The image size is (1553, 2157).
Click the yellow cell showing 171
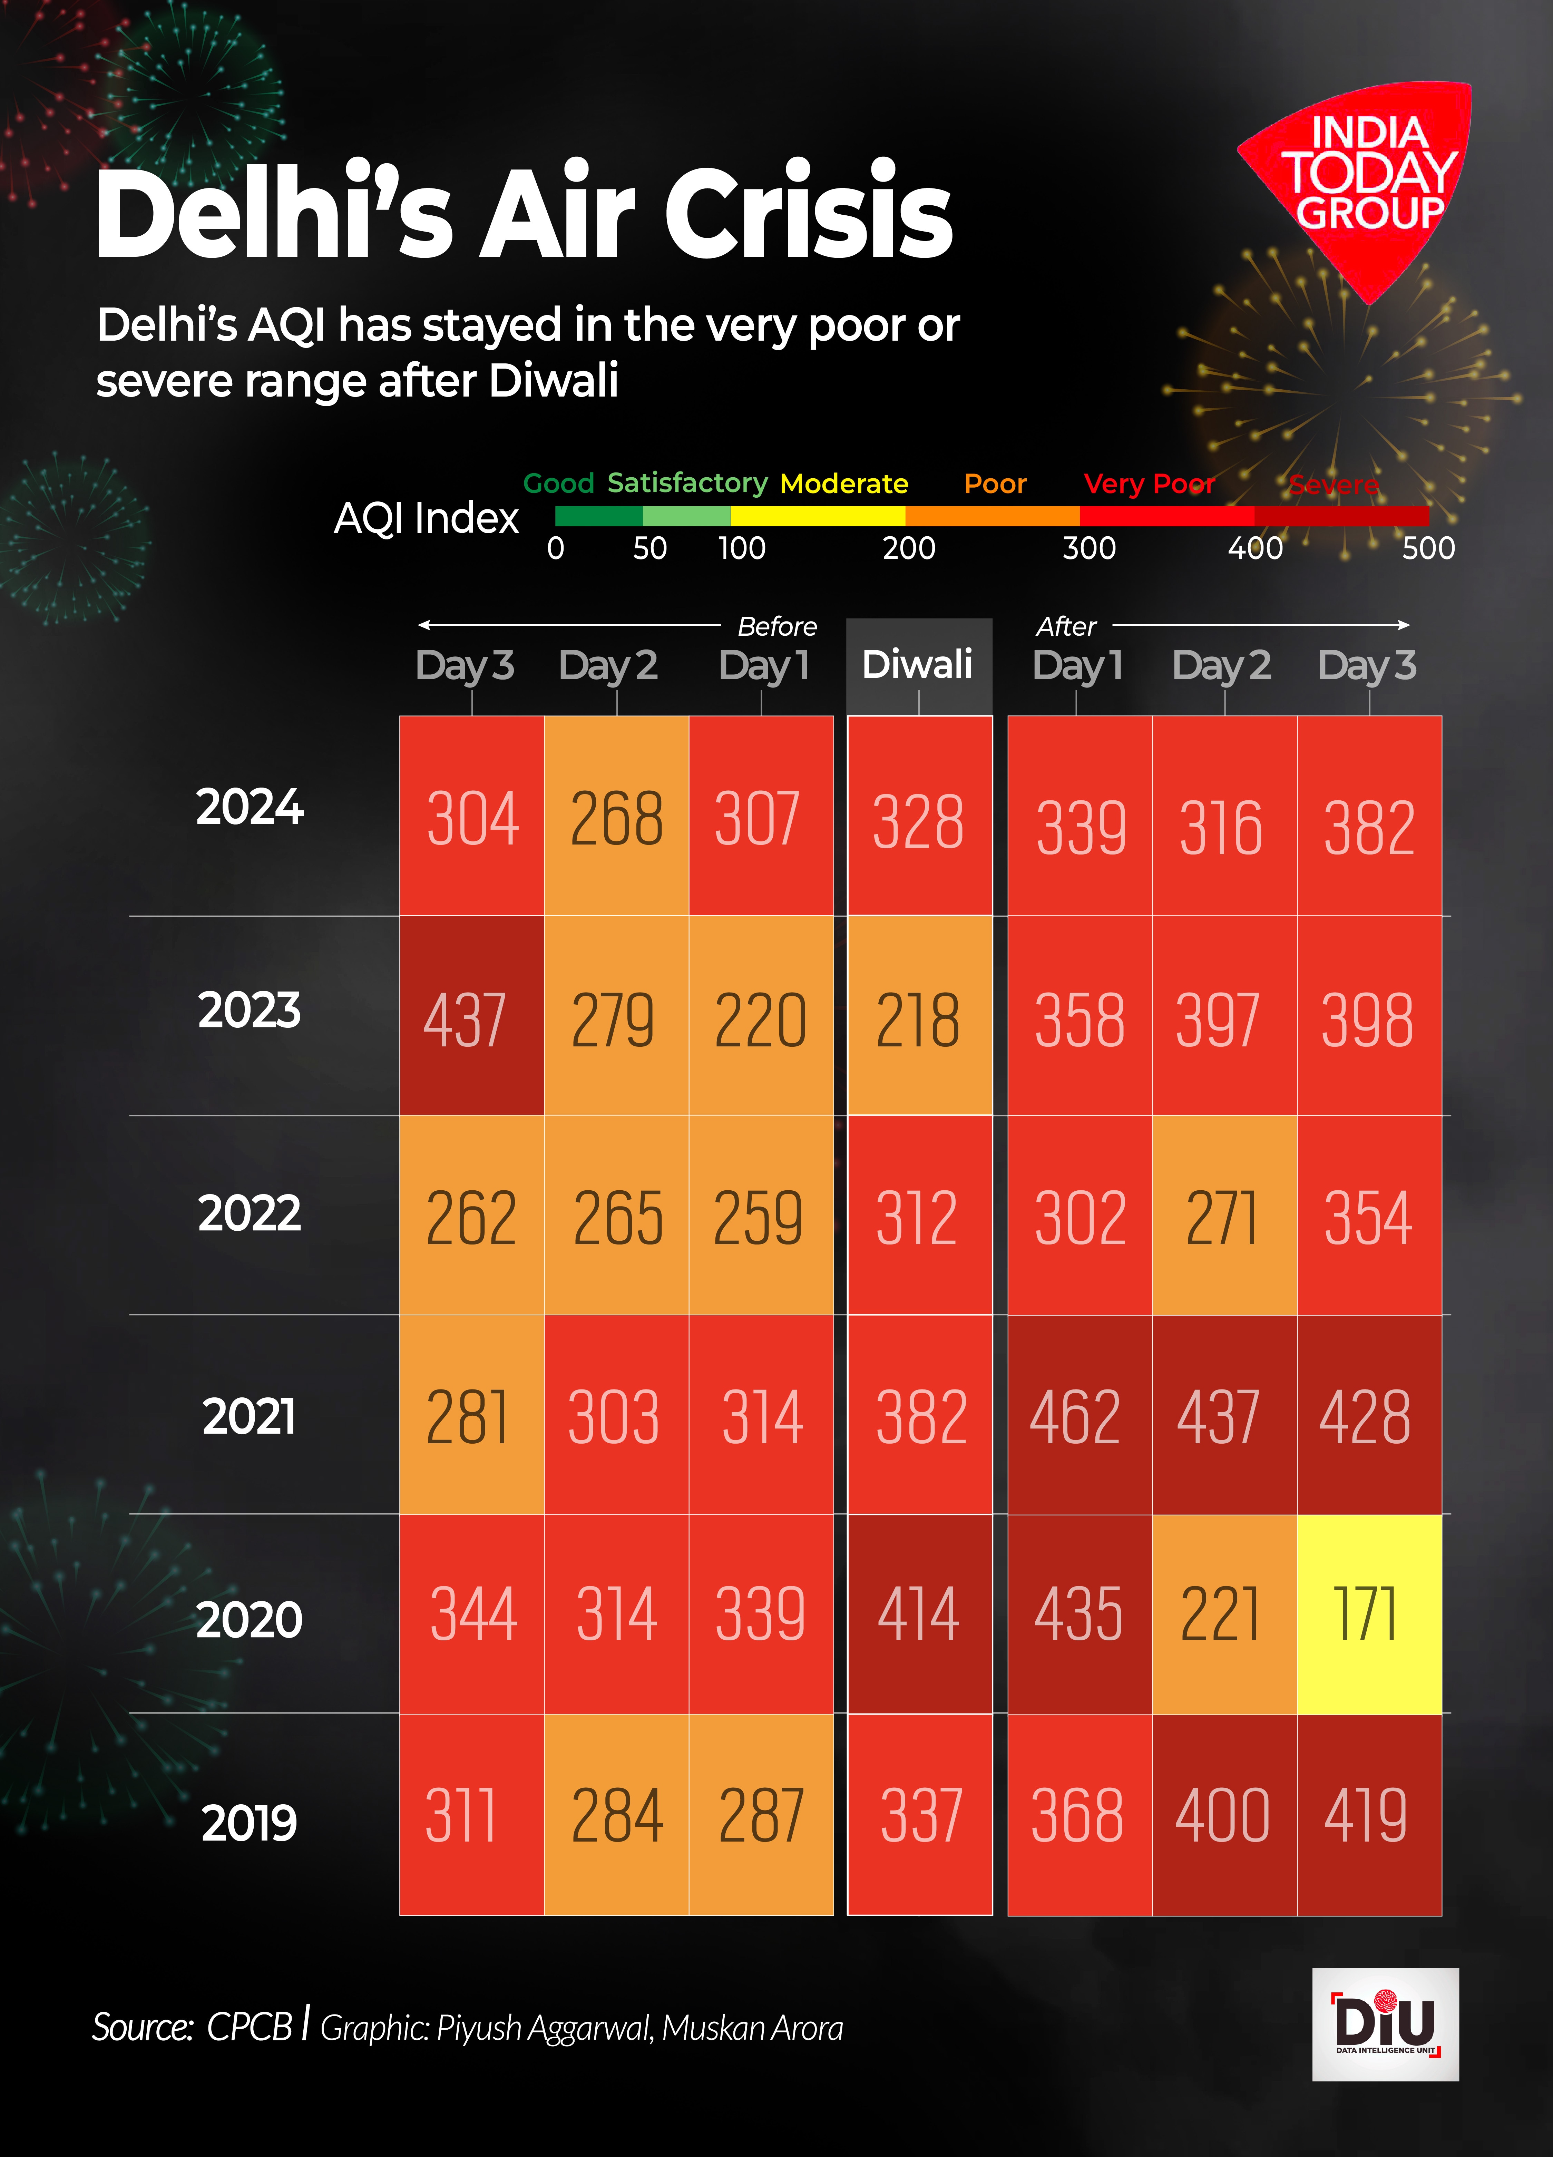1368,1614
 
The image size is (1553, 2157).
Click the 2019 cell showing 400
1224,1815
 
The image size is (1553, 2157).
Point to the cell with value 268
616,818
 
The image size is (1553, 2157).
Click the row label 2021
249,1416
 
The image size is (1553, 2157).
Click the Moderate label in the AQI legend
843,484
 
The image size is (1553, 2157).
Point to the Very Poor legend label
1149,484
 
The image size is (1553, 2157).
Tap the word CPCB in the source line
249,2027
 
